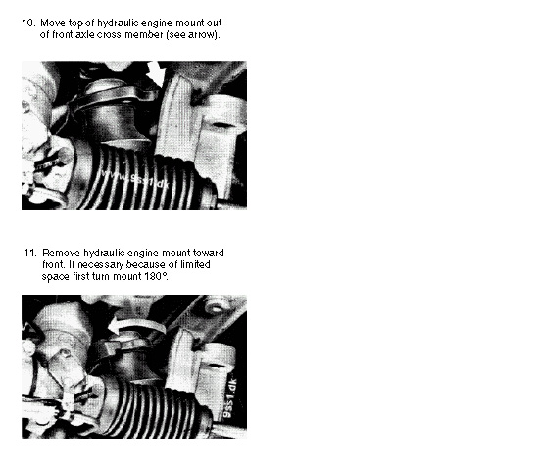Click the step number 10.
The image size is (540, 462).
coord(28,23)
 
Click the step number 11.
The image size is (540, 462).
coord(30,254)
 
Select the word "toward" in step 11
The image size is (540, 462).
coord(209,254)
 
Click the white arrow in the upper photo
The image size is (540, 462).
coord(158,74)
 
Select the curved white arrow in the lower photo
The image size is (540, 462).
coord(137,325)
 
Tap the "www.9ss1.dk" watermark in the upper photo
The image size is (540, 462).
coord(135,179)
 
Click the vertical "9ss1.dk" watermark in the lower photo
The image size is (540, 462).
coord(230,398)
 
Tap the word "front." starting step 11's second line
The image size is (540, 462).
coord(54,264)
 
